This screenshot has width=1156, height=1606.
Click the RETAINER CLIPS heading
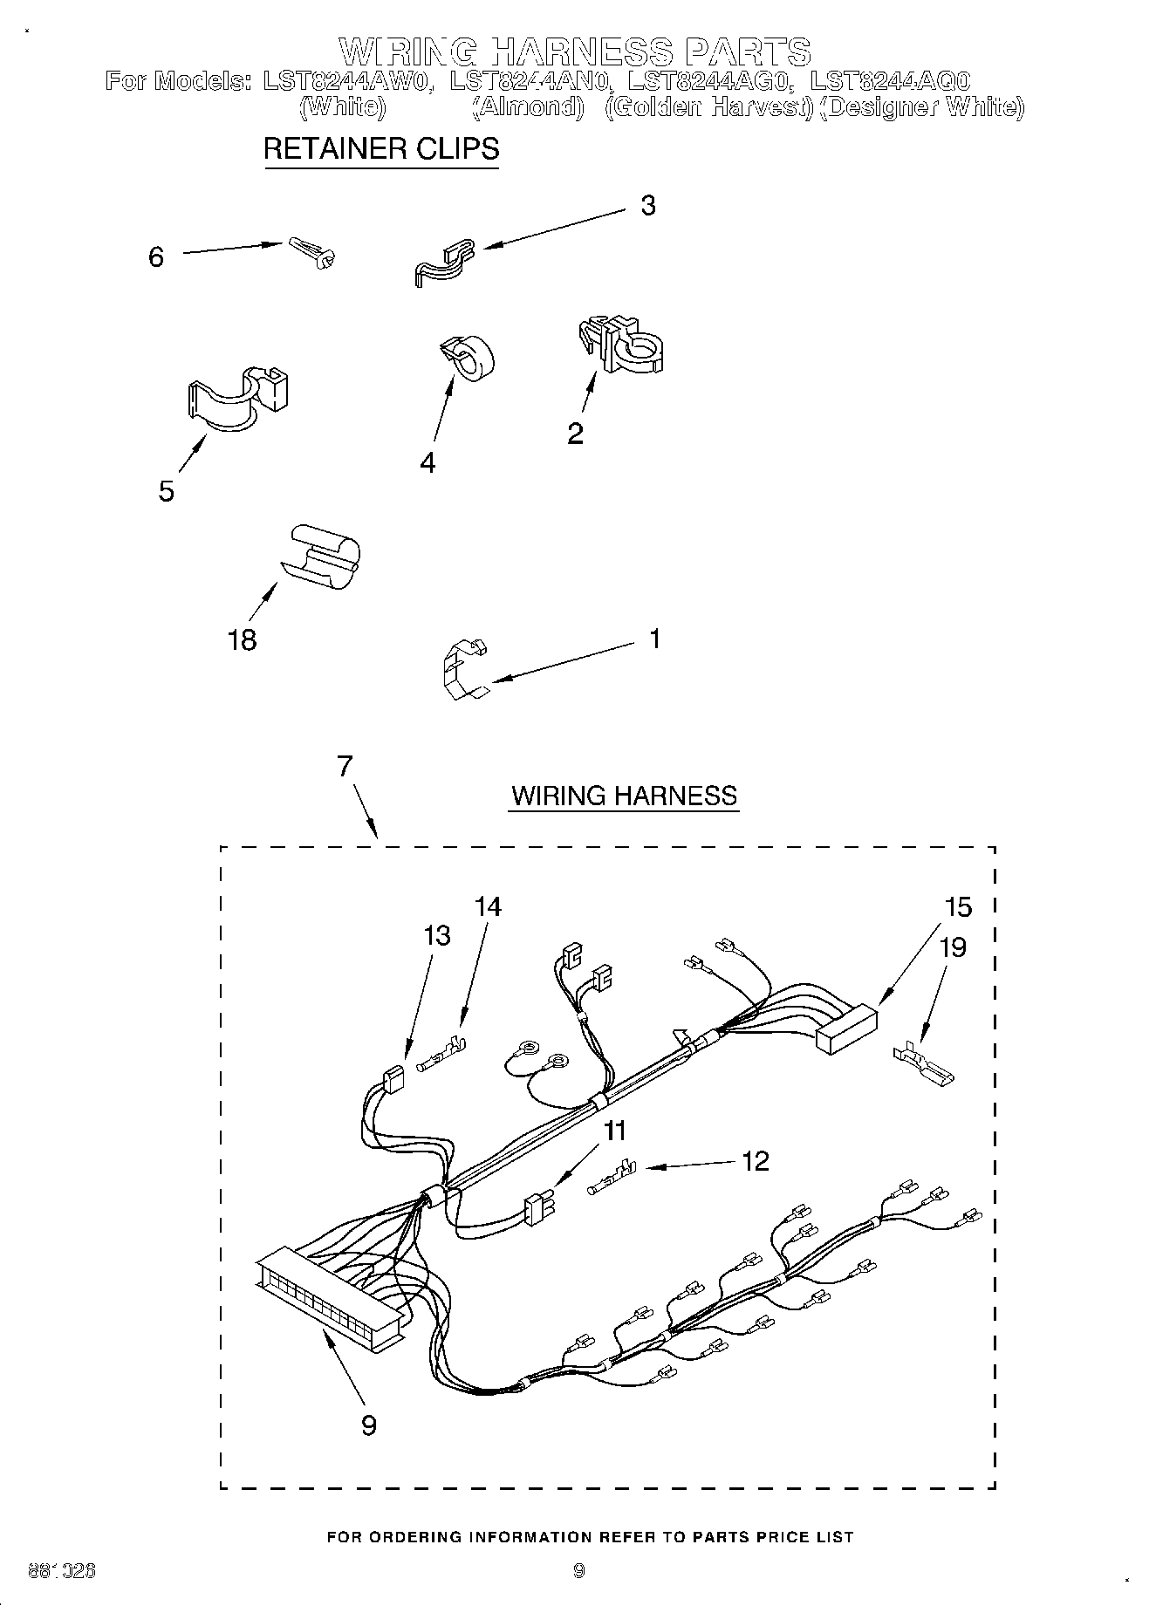381,149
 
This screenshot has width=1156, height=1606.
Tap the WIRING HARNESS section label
624,796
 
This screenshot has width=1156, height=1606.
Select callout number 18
242,640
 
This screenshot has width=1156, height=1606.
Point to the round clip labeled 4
467,358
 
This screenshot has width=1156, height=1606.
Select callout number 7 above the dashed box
345,766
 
